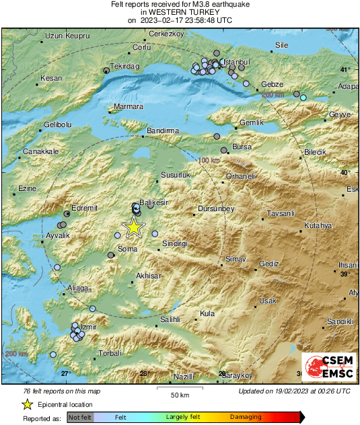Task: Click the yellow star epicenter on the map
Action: [x=134, y=227]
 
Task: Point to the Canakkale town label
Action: [x=38, y=151]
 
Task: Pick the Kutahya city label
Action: [x=318, y=225]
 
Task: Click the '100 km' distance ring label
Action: [x=209, y=161]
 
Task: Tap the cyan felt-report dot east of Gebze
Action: [x=303, y=98]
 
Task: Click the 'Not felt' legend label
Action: [x=79, y=418]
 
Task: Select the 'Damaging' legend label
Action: [x=246, y=418]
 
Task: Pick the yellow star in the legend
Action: [x=27, y=404]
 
